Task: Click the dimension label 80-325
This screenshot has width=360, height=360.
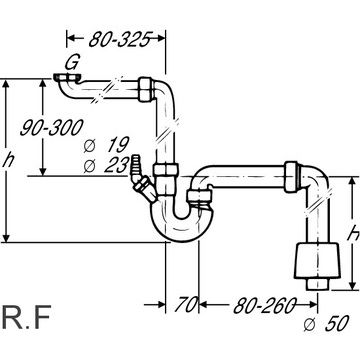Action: click(118, 39)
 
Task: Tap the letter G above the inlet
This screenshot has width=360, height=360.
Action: click(71, 63)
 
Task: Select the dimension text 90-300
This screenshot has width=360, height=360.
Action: click(51, 128)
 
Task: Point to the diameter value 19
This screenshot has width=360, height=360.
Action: click(117, 145)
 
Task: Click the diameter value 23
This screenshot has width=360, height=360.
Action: click(116, 165)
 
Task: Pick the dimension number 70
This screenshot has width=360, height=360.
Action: click(187, 304)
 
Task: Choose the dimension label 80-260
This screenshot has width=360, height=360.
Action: click(265, 305)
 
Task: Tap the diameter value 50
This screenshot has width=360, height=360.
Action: click(337, 323)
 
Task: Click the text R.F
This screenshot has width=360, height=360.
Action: click(26, 317)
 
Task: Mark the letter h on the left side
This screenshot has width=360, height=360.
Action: click(8, 161)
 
